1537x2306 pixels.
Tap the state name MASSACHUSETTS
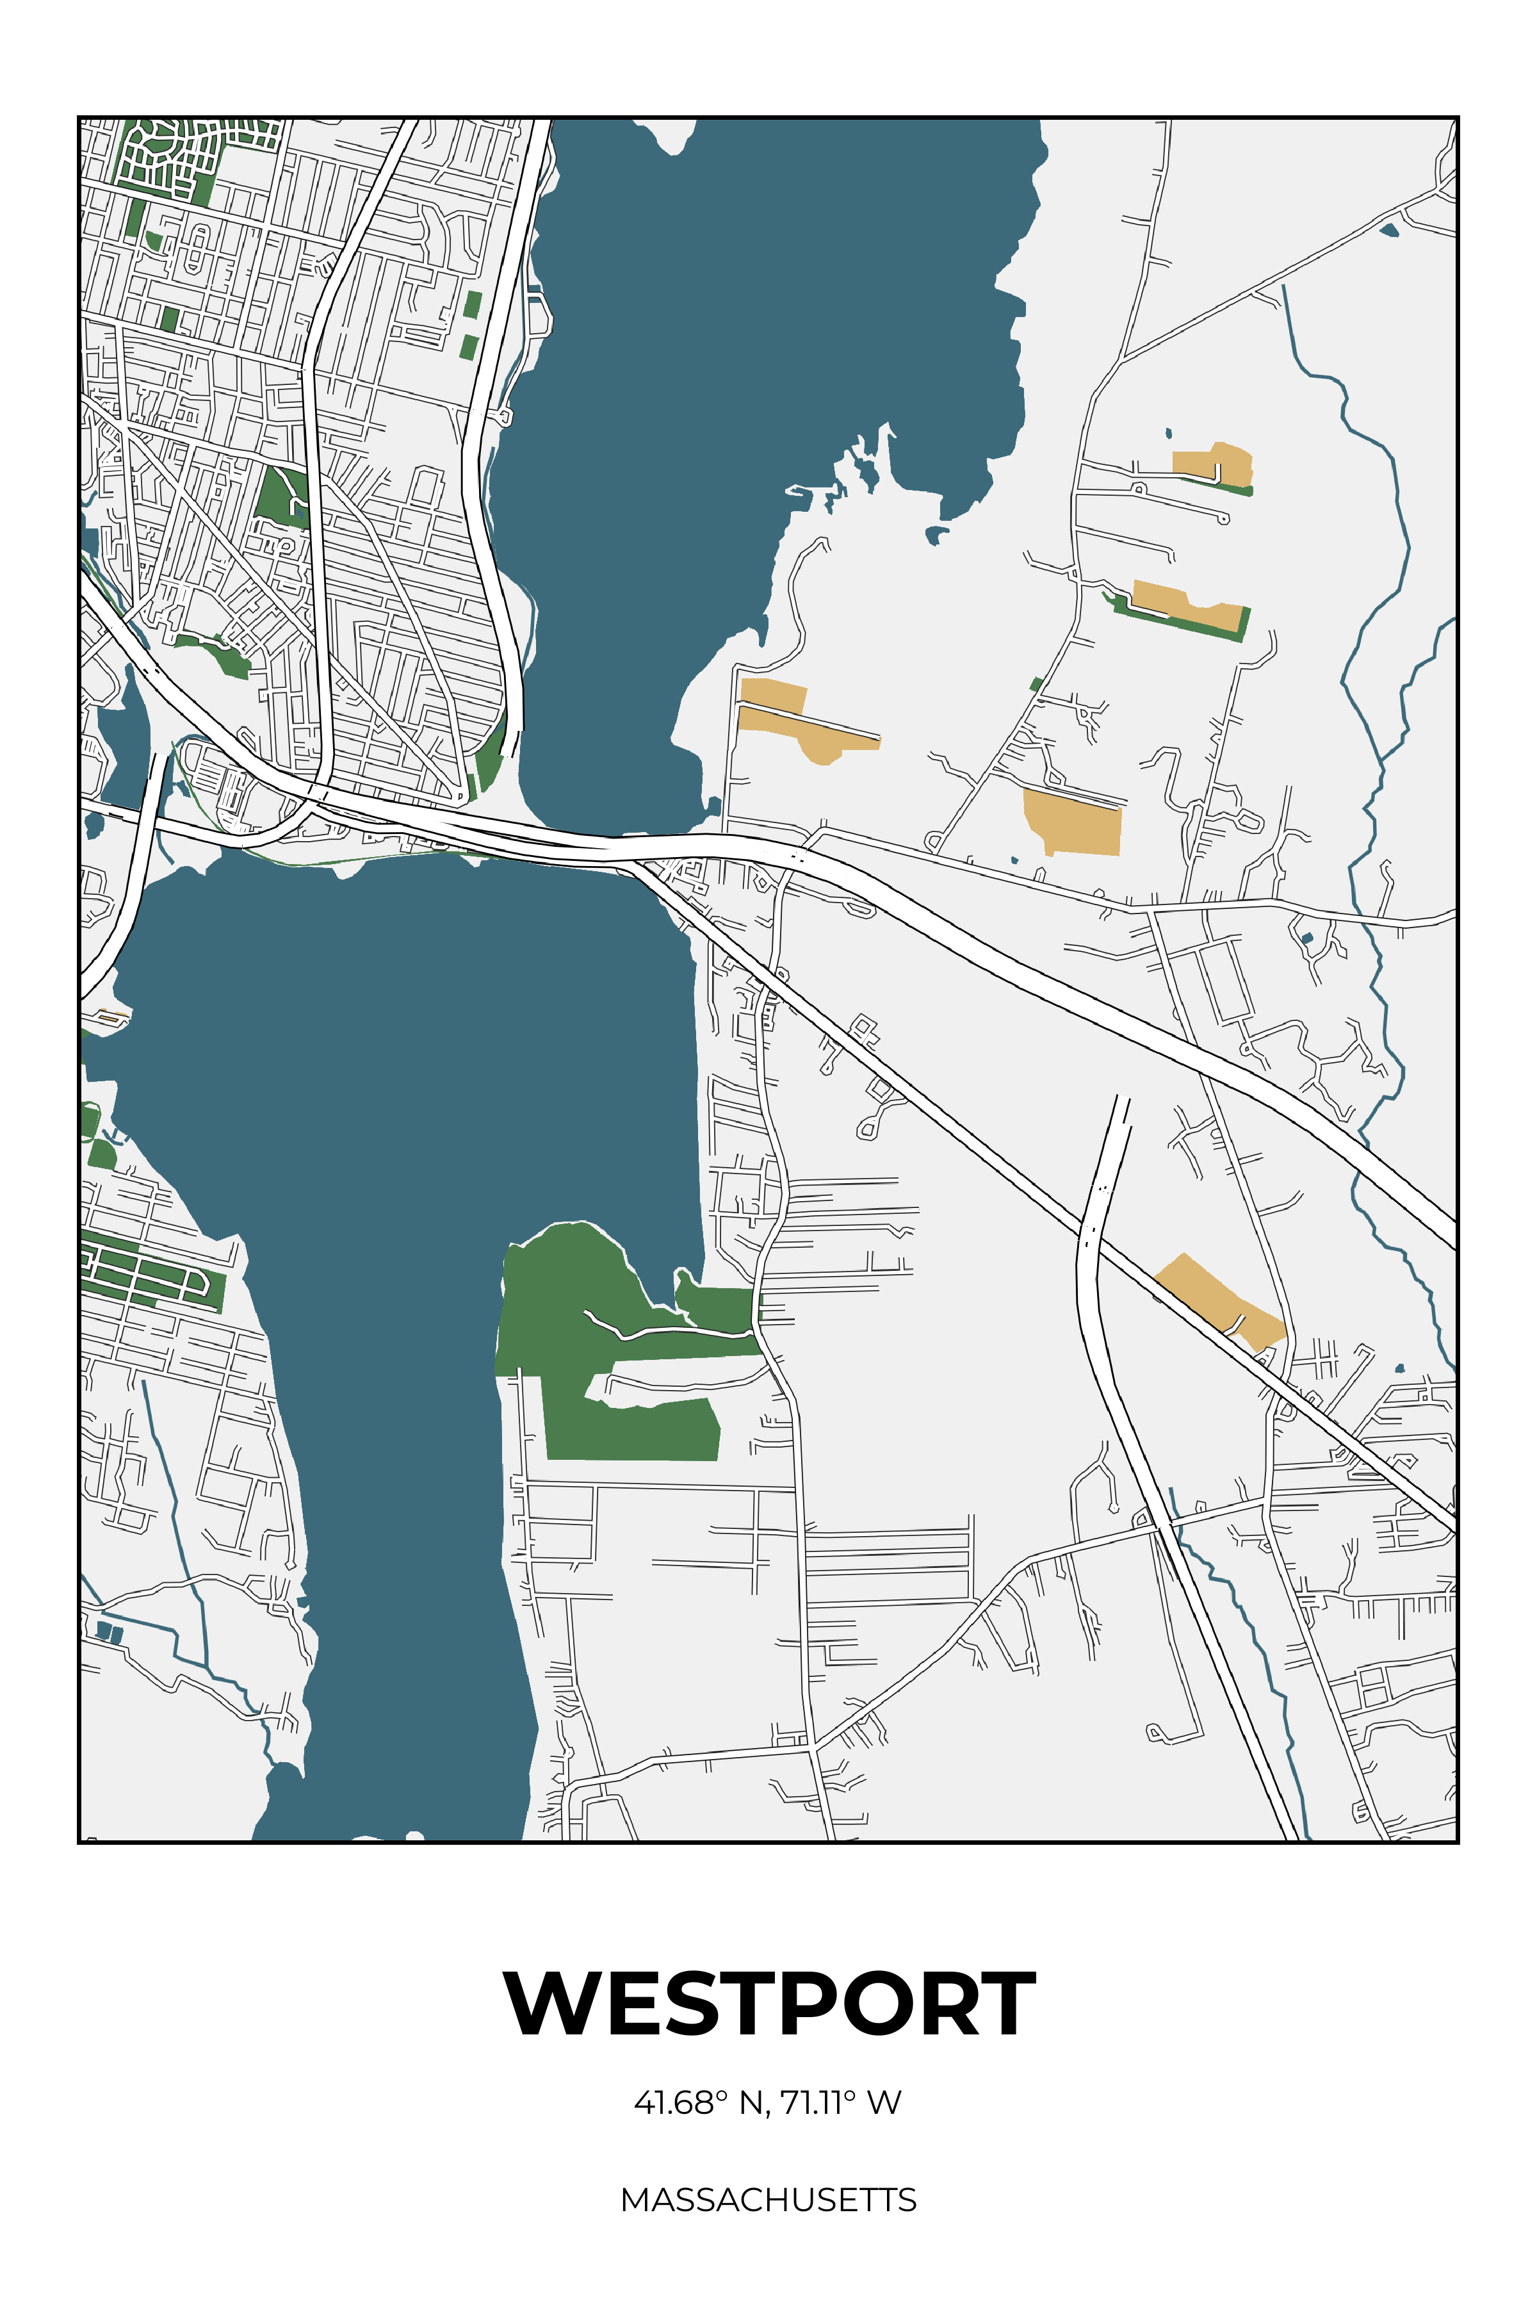click(x=768, y=2199)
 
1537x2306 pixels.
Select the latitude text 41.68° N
click(x=697, y=2103)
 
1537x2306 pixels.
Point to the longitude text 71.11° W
click(x=841, y=2103)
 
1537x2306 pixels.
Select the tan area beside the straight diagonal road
click(x=1221, y=1301)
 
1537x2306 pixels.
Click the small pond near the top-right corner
click(x=1389, y=231)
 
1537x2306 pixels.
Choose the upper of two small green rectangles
click(x=473, y=304)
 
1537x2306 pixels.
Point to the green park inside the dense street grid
click(x=281, y=495)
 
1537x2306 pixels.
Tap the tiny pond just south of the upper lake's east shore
click(x=936, y=534)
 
